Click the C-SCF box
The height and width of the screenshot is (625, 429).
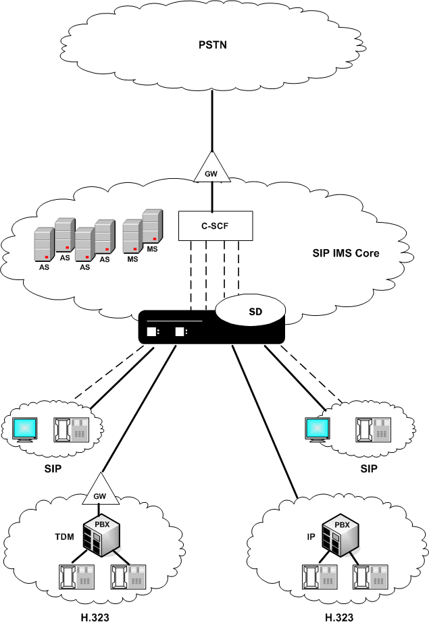click(214, 225)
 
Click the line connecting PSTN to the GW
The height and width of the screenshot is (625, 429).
click(213, 121)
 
